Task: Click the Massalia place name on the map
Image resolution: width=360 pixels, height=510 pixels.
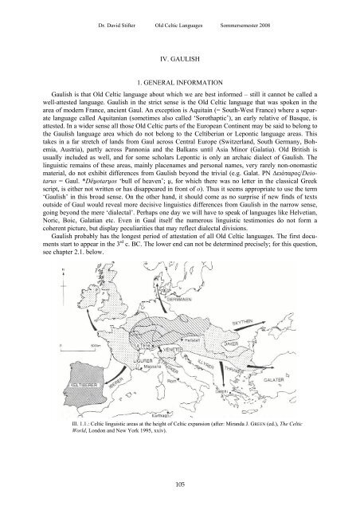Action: (163, 374)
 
